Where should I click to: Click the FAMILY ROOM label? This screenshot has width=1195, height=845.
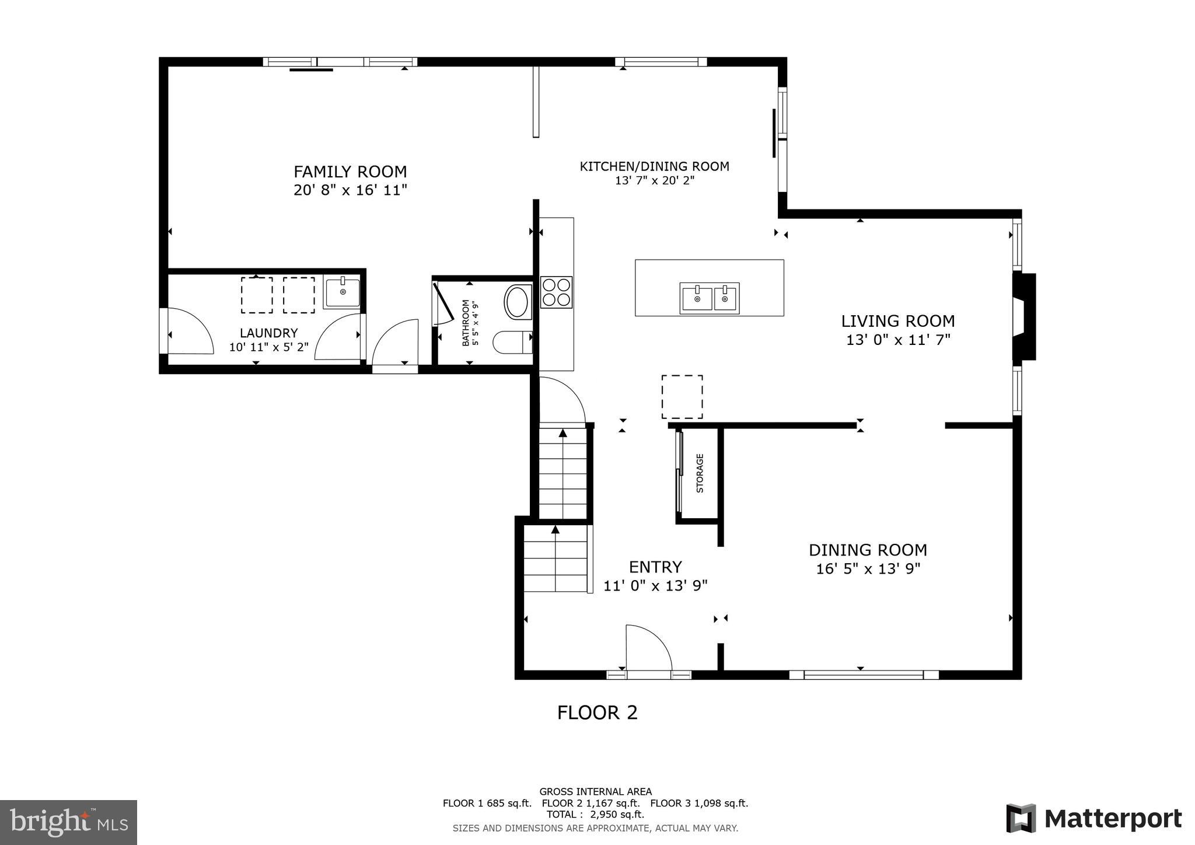tap(350, 172)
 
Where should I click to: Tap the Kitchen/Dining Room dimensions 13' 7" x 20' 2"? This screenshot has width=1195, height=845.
tap(654, 181)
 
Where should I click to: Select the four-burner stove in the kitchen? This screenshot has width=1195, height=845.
tap(556, 292)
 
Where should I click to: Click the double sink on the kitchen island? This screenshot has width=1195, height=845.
tap(710, 298)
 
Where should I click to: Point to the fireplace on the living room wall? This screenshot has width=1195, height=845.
tap(1023, 317)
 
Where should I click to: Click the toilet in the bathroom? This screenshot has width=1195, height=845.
tap(512, 343)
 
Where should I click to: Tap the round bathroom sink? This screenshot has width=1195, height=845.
tap(516, 302)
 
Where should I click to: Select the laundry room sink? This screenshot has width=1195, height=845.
tap(342, 292)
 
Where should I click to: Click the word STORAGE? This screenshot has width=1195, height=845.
tap(700, 473)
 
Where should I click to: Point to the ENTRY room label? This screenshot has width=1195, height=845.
tap(655, 567)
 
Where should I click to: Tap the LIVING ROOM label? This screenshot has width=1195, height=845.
tap(897, 321)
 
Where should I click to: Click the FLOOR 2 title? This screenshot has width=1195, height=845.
tap(597, 713)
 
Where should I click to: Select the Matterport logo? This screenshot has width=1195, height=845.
tap(1093, 818)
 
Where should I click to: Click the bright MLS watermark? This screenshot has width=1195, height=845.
tap(69, 822)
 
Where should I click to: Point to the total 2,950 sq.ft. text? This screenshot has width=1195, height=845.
tap(595, 814)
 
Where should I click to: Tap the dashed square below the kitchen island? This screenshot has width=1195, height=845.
tap(682, 397)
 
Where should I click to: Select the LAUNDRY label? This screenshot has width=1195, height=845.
tap(268, 333)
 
